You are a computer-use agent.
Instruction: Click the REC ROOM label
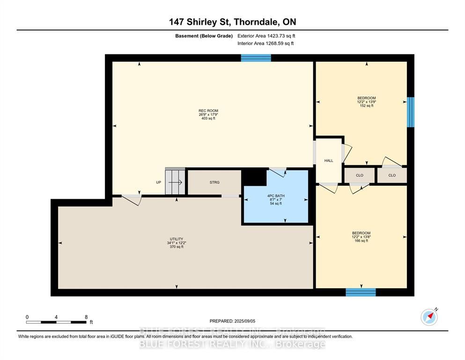(x=208, y=111)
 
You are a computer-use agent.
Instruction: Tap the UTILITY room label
(x=177, y=239)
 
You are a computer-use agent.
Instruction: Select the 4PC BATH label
(x=276, y=196)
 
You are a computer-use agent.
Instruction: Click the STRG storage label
(x=214, y=182)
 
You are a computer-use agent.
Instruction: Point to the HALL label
(x=329, y=161)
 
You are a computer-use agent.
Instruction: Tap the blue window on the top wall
(x=256, y=58)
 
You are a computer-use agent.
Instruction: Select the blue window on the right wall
(x=410, y=112)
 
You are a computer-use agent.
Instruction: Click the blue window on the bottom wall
(x=361, y=292)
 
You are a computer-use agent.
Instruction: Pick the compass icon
(x=429, y=317)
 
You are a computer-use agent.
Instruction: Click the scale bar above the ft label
(x=56, y=322)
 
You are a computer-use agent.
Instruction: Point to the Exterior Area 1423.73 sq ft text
(x=266, y=36)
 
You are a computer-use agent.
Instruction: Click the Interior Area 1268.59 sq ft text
(x=266, y=43)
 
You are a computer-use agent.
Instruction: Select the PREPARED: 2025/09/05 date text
(x=232, y=321)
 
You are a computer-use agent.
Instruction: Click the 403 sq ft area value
(x=208, y=119)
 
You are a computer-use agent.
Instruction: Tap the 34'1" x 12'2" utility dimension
(x=177, y=243)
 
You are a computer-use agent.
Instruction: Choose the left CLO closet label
(x=360, y=175)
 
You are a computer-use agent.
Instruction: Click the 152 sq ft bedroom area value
(x=367, y=105)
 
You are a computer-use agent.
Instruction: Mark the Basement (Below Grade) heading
(x=204, y=36)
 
